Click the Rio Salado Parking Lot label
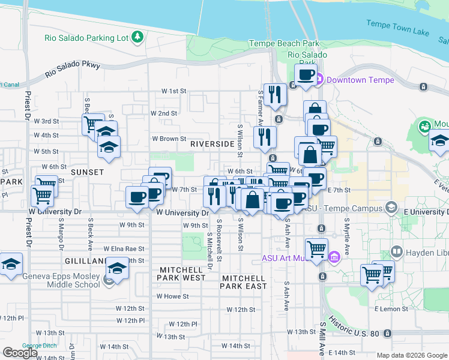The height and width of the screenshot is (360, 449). tap(86, 38)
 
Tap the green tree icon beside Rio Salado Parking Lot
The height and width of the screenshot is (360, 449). tap(138, 38)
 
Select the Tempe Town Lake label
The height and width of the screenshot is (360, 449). tap(396, 25)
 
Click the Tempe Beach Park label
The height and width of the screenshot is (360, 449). tap(285, 44)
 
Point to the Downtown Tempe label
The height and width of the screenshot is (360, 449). tap(360, 80)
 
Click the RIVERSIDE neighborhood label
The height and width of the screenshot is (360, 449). tap(212, 144)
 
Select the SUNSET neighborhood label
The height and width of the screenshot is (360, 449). tap(88, 172)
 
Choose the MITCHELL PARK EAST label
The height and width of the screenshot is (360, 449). tap(243, 282)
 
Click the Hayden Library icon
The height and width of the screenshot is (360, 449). tap(396, 251)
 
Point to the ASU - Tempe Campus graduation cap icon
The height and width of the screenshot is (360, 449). tap(391, 208)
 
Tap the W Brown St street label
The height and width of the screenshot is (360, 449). tap(169, 139)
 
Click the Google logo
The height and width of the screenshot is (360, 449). tap(20, 353)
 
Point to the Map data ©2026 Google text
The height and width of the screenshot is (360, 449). tap(412, 355)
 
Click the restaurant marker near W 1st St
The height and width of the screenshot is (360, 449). tap(274, 94)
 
